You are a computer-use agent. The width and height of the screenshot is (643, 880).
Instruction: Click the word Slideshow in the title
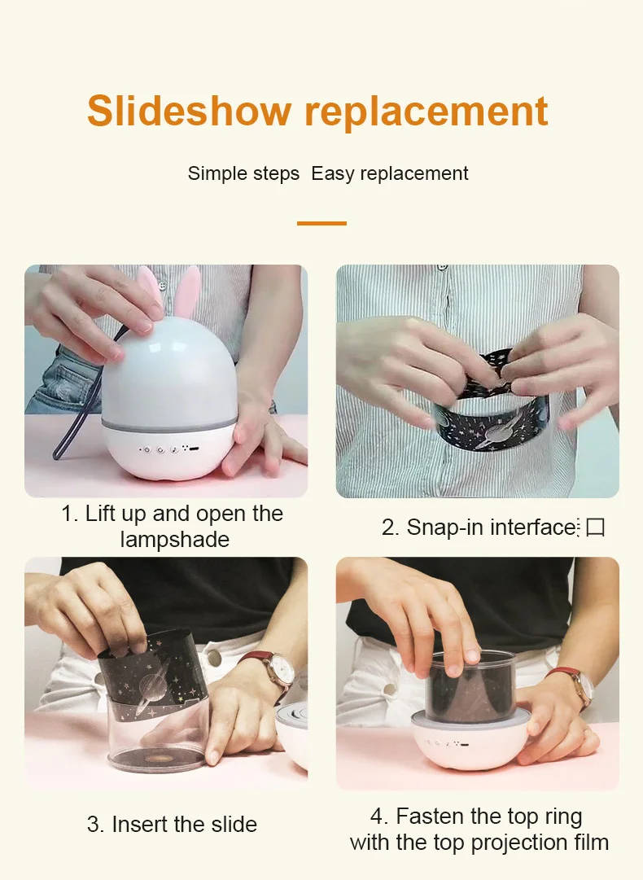point(189,111)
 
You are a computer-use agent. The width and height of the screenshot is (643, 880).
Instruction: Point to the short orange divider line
point(321,223)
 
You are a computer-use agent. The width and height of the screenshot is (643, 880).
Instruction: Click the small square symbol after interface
point(595,528)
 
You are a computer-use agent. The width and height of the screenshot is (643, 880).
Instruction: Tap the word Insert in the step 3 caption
point(140,825)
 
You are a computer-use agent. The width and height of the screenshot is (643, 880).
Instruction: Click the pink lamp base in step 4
point(470,744)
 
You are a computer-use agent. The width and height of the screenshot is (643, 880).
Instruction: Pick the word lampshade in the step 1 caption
point(174,540)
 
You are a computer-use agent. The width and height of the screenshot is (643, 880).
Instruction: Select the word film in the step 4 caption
point(590,843)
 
